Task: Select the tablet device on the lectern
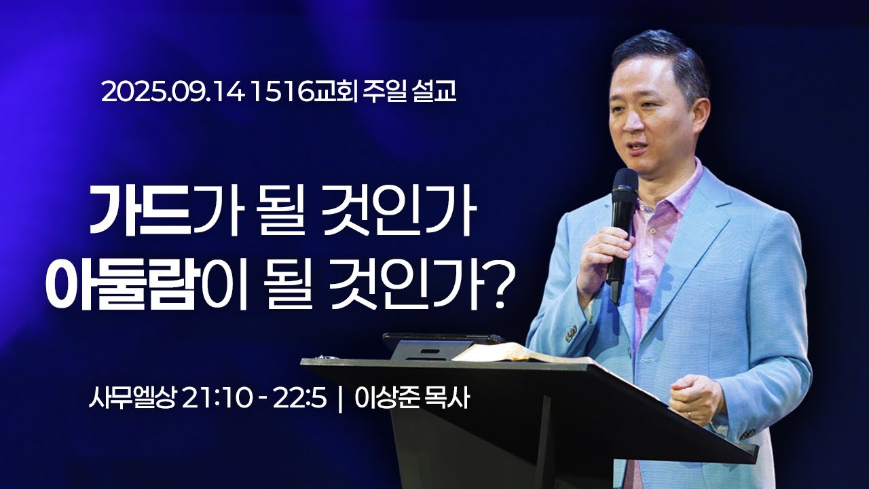coord(434,346)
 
